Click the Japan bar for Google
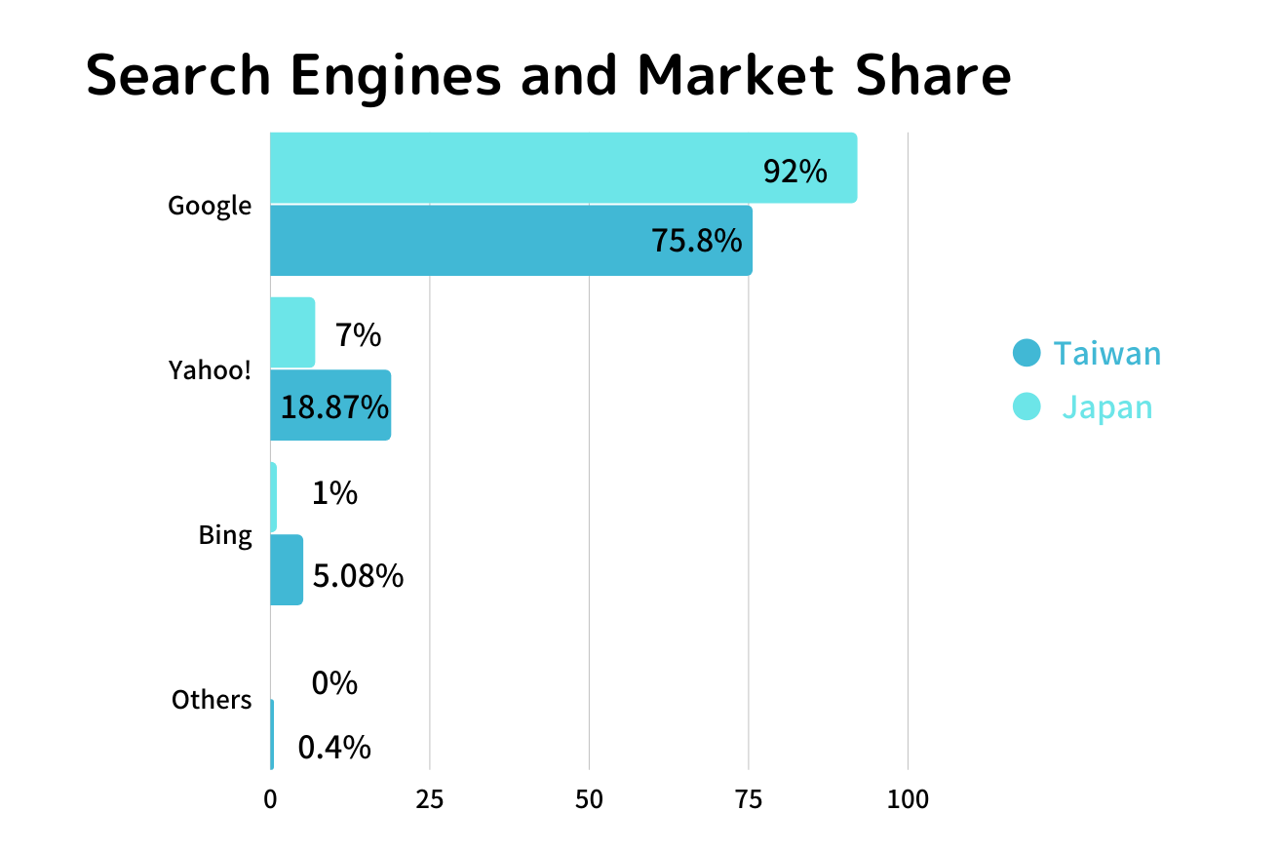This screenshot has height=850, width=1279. click(x=563, y=168)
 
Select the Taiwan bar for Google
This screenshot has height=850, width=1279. click(x=511, y=240)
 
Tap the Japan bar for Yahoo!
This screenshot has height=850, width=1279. click(x=292, y=332)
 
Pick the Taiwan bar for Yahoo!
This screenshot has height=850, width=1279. click(x=330, y=405)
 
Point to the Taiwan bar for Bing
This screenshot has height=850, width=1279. click(x=287, y=570)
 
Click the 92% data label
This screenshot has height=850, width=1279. click(x=795, y=172)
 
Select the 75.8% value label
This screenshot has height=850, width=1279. click(x=697, y=240)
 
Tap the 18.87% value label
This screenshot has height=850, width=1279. click(x=334, y=406)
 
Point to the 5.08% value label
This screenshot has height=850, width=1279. click(x=358, y=575)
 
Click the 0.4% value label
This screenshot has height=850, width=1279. click(x=334, y=748)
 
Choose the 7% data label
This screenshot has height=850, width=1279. click(x=358, y=335)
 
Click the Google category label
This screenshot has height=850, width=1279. click(x=210, y=206)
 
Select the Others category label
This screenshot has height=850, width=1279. click(x=212, y=700)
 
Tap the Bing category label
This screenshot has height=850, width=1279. click(x=225, y=535)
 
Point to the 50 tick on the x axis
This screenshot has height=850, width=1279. click(x=589, y=800)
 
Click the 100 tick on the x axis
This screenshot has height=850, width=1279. click(x=908, y=800)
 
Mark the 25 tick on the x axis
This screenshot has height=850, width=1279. click(x=430, y=800)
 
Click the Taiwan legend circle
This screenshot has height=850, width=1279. click(x=1027, y=353)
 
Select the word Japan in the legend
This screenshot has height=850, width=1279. click(x=1107, y=406)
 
